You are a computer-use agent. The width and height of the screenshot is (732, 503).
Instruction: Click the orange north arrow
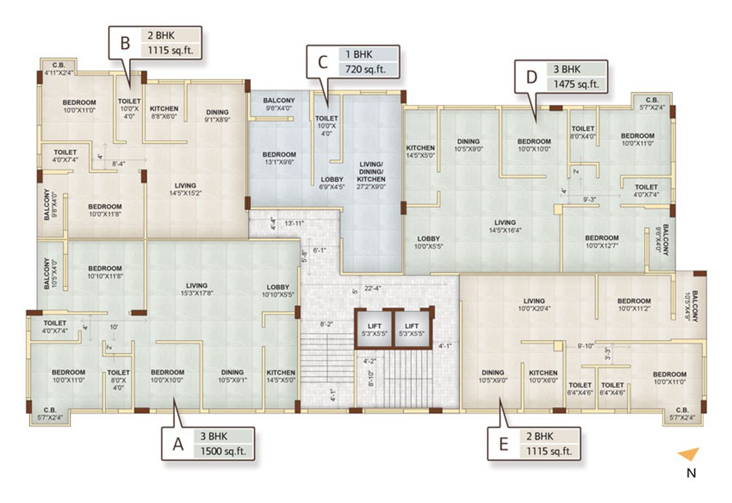(x=688, y=454)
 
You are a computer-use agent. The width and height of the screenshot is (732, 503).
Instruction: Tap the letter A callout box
(x=177, y=445)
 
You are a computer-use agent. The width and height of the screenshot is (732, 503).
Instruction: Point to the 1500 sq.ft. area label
(x=223, y=451)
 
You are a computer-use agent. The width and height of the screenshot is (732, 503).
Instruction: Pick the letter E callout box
(x=503, y=445)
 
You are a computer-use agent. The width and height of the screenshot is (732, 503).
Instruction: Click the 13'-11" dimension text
(x=294, y=223)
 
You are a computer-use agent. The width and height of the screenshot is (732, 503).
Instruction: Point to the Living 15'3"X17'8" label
(x=196, y=289)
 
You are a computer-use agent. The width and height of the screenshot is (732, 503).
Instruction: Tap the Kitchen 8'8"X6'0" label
(x=164, y=112)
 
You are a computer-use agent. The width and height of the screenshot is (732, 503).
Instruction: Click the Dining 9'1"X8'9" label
(x=217, y=115)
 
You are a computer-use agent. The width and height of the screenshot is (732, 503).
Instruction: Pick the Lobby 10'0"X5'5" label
(x=428, y=242)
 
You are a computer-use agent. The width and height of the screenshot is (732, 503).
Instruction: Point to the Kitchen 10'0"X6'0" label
(x=543, y=376)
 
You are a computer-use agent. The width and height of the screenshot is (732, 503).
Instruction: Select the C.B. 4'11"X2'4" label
(x=58, y=69)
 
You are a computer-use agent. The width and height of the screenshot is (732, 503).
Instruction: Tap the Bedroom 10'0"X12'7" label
(x=602, y=241)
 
